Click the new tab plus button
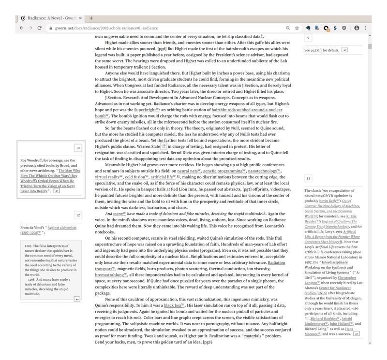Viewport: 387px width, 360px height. tap(91, 18)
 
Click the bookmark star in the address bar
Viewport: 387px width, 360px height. tap(297, 28)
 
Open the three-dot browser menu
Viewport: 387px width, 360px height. tap(366, 28)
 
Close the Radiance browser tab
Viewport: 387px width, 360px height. tap(81, 18)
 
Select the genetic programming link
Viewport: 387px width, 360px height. tap(224, 171)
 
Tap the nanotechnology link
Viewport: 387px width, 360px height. tap(265, 171)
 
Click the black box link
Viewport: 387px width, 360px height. tap(174, 306)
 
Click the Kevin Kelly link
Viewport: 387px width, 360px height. tap(329, 201)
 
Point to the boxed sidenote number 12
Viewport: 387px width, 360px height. tap(78, 215)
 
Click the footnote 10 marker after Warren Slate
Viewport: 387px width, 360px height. tap(164, 146)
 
